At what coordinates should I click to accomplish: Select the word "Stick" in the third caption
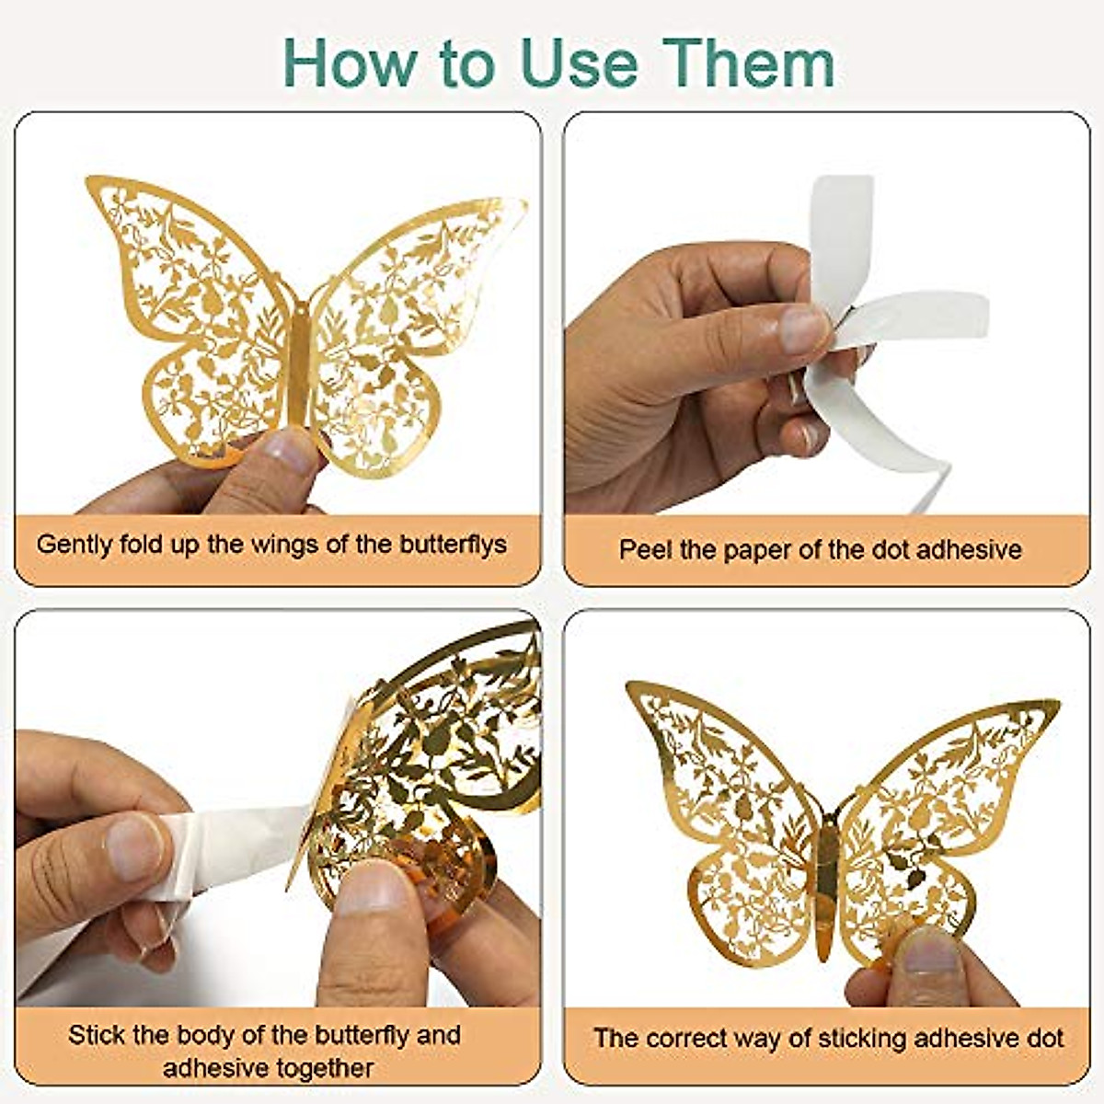(97, 1035)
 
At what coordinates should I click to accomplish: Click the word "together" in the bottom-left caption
(322, 1068)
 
